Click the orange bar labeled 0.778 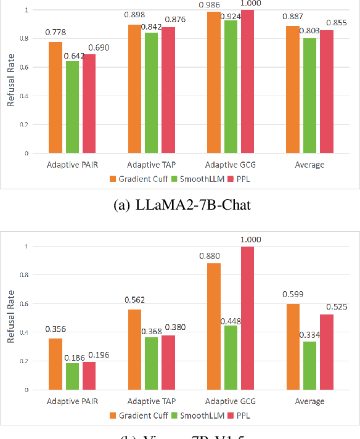[x=55, y=97]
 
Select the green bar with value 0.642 [x=72, y=107]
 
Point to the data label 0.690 [x=99, y=47]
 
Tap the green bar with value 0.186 [x=72, y=376]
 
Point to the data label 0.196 [x=99, y=355]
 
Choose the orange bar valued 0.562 [x=134, y=349]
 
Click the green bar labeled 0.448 [x=230, y=358]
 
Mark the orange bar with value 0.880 [x=213, y=327]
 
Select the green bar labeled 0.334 [x=309, y=366]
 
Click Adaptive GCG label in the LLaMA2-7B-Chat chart [x=229, y=165]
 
